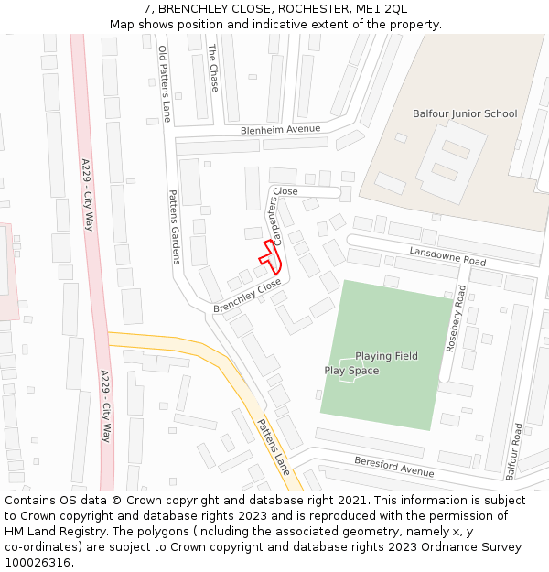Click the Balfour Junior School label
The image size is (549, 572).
pyautogui.click(x=465, y=114)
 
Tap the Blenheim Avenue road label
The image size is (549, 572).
pyautogui.click(x=281, y=130)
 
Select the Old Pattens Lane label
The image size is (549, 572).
pyautogui.click(x=165, y=84)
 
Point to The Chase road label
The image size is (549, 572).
pyautogui.click(x=213, y=62)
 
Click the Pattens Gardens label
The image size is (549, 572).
pyautogui.click(x=174, y=227)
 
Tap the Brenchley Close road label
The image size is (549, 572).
pyautogui.click(x=247, y=297)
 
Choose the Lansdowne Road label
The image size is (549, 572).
pyautogui.click(x=447, y=255)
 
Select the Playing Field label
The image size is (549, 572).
pyautogui.click(x=386, y=356)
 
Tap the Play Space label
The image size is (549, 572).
pyautogui.click(x=351, y=371)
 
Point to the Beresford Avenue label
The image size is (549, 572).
pyautogui.click(x=394, y=467)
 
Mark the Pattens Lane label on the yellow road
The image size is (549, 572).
pyautogui.click(x=273, y=447)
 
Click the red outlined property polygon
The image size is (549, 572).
pyautogui.click(x=272, y=255)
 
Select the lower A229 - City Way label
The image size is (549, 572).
pyautogui.click(x=105, y=406)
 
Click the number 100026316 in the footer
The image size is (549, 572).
pyautogui.click(x=37, y=562)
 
